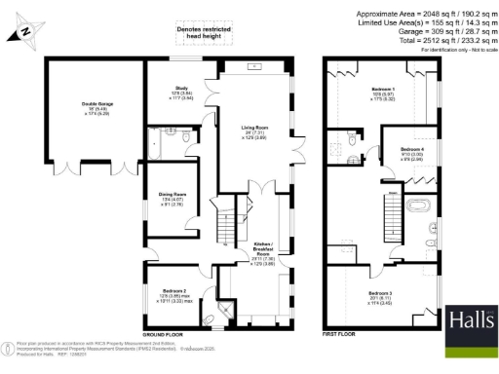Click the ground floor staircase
tap(225, 230)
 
